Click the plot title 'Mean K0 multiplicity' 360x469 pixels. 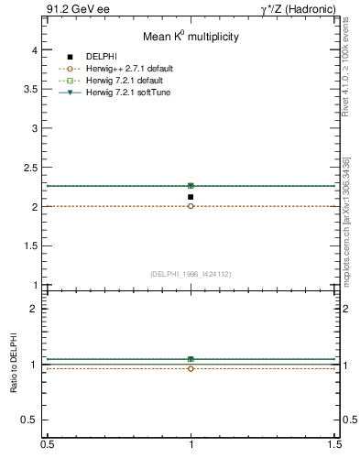coord(191,37)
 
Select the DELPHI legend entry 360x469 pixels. coord(102,58)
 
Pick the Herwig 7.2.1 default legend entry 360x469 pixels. coord(126,80)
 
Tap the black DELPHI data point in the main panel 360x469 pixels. coord(191,197)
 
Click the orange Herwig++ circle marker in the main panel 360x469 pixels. coord(191,206)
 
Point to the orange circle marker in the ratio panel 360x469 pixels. coord(191,368)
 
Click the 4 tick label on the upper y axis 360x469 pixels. coord(33,51)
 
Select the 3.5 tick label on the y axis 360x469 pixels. coord(29,90)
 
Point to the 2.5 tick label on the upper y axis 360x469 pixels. coord(29,169)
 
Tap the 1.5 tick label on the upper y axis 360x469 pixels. coord(29,246)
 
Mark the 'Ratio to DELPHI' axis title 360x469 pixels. coord(14,365)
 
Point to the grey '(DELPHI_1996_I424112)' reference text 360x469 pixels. coord(191,274)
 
